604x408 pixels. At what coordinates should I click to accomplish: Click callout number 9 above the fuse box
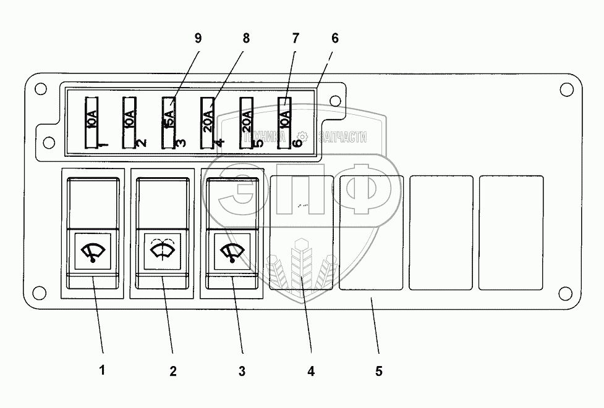(198, 38)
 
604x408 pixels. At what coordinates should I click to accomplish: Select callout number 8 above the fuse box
(246, 38)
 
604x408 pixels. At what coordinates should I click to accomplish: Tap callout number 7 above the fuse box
(295, 38)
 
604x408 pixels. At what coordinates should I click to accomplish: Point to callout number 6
(334, 38)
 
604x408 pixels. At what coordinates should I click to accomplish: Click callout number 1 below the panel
(103, 371)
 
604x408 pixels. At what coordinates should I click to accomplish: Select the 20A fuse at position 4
(208, 122)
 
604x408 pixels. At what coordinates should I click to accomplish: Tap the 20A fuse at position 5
(247, 122)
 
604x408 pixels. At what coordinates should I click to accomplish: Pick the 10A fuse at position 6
(285, 122)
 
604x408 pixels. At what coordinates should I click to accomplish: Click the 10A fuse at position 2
(130, 122)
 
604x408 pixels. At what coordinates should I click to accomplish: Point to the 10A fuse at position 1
(91, 122)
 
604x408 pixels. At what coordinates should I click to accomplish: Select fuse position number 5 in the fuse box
(259, 143)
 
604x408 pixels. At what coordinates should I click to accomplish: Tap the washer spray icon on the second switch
(161, 251)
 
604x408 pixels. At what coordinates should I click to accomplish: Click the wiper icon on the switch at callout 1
(92, 252)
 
